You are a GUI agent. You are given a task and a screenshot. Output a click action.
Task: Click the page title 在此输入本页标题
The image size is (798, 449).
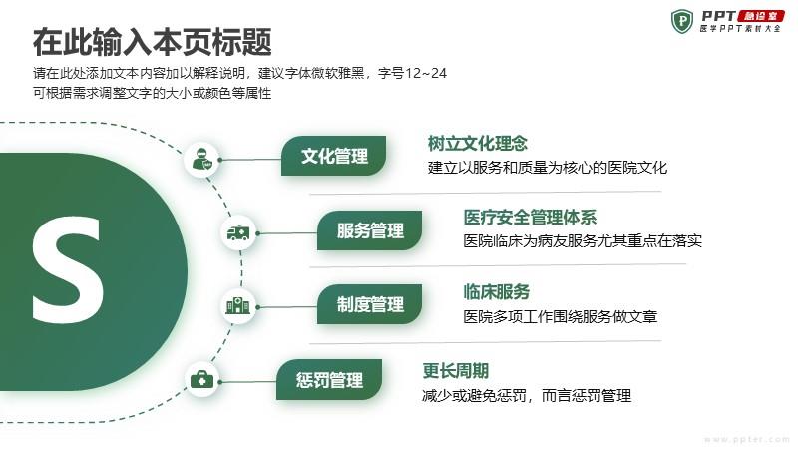[x=153, y=42]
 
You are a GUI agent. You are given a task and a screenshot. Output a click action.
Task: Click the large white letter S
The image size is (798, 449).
[x=68, y=269]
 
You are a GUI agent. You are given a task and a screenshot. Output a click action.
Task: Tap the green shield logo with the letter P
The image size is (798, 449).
[x=682, y=21]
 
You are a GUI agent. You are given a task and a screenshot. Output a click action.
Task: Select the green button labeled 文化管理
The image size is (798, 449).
[x=334, y=156]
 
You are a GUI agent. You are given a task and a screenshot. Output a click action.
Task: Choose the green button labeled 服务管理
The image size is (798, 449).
[x=370, y=230]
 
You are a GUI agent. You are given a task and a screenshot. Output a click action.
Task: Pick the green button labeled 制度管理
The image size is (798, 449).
[x=370, y=304]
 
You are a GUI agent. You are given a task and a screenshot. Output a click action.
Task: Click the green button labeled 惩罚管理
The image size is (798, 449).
[x=329, y=380]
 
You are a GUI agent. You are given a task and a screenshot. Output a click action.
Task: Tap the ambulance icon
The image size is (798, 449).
[x=238, y=233]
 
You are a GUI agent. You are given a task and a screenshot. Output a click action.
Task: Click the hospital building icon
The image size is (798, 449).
[x=238, y=306]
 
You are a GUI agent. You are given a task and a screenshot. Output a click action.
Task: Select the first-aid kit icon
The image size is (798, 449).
[x=201, y=380]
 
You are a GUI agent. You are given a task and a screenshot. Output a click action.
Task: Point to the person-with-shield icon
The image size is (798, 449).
[x=201, y=160]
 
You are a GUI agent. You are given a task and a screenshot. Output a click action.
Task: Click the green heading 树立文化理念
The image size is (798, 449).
[x=478, y=143]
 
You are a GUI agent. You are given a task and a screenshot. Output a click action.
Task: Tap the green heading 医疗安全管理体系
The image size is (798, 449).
[x=530, y=218]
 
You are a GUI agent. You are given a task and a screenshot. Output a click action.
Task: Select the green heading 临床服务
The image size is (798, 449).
[x=496, y=291]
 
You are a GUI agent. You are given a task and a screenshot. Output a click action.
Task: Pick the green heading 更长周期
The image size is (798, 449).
[x=456, y=370]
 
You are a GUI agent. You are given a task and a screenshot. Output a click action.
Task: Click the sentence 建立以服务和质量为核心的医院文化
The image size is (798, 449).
[x=547, y=168]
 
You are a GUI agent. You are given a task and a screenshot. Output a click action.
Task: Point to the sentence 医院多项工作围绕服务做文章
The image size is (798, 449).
[x=561, y=316]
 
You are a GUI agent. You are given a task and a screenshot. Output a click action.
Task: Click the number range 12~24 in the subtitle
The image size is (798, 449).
[x=425, y=73]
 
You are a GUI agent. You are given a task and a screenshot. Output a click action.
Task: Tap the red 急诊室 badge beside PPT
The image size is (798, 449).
[x=761, y=16]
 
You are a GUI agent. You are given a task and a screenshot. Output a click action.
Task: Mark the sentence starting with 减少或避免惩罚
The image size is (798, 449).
[x=527, y=395]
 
